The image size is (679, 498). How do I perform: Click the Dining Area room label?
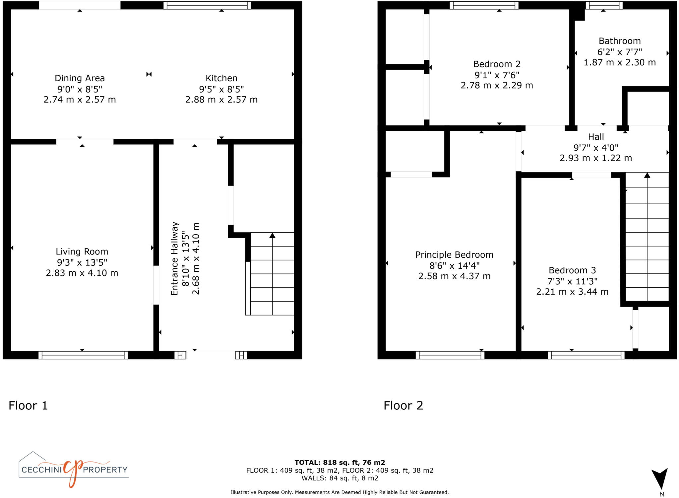pos(80,78)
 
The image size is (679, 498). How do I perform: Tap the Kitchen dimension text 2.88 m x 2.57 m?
pos(221,100)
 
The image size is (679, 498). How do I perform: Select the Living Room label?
pos(82,251)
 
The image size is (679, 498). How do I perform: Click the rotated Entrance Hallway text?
pos(175,258)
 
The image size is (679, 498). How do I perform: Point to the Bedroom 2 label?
pos(497,64)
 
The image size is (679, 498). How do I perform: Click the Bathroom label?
pos(619,41)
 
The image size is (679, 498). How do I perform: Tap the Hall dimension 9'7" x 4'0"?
pos(596,148)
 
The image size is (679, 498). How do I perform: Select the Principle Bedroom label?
pos(454,255)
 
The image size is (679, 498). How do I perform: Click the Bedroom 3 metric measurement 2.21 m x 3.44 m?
pos(572,292)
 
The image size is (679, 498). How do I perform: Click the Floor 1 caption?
pos(28,405)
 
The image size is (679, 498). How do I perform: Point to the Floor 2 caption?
pos(403,405)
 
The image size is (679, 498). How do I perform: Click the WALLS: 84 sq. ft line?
pos(339,478)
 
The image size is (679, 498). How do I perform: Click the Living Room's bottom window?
pos(83,355)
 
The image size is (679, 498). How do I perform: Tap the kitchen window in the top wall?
pos(207,5)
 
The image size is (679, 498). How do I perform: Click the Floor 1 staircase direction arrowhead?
pos(272,235)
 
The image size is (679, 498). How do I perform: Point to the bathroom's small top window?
pos(604,5)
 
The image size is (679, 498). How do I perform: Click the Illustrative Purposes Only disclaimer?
pos(339,492)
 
